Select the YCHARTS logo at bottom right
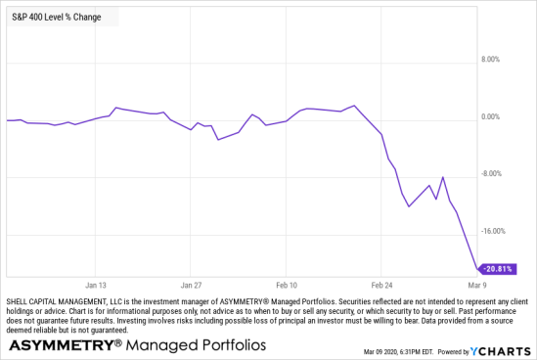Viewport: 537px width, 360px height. coord(501,350)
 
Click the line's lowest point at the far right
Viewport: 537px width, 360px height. coord(476,267)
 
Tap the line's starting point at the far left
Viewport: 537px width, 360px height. coord(7,120)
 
